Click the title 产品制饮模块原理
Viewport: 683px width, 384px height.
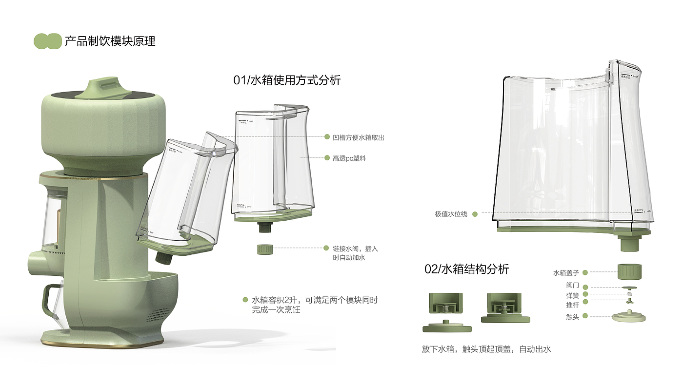coord(110,41)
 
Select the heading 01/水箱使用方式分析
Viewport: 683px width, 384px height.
coord(287,80)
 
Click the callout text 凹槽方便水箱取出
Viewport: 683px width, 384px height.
coord(359,137)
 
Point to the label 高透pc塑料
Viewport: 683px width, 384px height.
coord(349,158)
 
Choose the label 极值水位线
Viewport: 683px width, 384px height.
coord(451,213)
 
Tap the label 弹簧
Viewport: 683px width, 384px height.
coord(572,295)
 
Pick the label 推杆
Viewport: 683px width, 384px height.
coord(572,305)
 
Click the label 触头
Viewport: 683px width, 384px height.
coord(572,317)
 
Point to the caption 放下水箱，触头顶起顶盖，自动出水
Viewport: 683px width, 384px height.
coord(486,349)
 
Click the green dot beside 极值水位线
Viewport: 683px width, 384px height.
coord(474,213)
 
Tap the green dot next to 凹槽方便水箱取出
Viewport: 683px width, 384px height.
coord(327,137)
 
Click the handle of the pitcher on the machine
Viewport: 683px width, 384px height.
coord(47,302)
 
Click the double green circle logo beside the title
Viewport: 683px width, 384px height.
coord(47,41)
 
